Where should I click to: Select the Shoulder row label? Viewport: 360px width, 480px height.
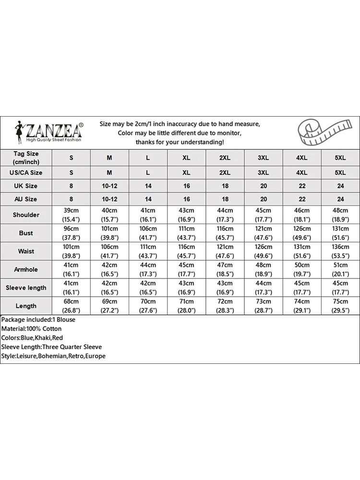(26, 215)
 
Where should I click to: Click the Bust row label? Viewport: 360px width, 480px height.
(26, 233)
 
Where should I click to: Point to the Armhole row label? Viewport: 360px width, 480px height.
(26, 270)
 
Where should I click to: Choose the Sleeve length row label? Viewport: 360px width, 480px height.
(26, 288)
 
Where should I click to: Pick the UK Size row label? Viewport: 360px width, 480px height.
(26, 186)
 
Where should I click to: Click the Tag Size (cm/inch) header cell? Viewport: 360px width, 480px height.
(26, 158)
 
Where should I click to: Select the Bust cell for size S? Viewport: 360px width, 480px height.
(71, 233)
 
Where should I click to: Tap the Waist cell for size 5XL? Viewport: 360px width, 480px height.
(340, 252)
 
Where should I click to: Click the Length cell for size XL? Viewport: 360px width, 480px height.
(186, 306)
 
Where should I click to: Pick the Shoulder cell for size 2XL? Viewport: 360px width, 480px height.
(225, 215)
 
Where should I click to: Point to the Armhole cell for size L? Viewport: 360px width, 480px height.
(148, 270)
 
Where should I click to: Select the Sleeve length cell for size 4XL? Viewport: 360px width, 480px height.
(301, 288)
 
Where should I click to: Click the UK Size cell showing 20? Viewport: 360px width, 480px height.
(263, 186)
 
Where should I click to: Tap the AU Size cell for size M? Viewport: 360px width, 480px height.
(109, 199)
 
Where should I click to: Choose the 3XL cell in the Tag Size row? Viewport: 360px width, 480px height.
(263, 158)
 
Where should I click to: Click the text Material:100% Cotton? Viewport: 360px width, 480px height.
(31, 329)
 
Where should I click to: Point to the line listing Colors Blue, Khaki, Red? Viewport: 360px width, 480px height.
(32, 338)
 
